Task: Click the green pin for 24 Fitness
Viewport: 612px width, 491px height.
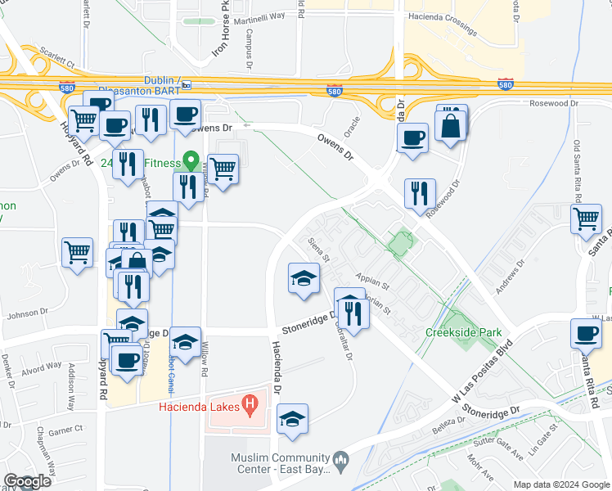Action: pos(191,160)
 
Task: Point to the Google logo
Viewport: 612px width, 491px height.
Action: pos(27,481)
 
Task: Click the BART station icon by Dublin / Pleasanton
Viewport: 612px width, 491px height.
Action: pos(187,84)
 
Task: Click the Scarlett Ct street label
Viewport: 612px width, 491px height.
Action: pos(56,63)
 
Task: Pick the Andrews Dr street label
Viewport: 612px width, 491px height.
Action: pos(508,277)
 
